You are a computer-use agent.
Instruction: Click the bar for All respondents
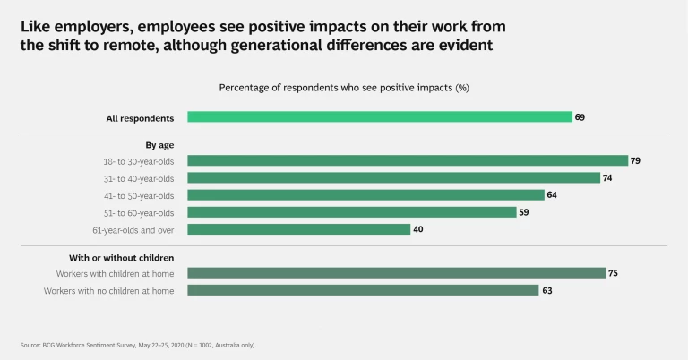tap(379, 116)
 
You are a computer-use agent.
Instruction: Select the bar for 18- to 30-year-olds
tap(408, 161)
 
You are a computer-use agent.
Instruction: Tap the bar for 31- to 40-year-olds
tap(393, 178)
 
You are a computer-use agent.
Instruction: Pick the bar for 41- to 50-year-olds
tap(365, 195)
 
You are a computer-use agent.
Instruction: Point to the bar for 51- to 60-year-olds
tap(351, 212)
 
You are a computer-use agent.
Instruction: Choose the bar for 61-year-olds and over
tap(298, 229)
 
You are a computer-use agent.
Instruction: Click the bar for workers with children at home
tap(396, 273)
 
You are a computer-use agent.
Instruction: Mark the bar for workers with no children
tap(363, 290)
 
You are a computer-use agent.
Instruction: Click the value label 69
tap(580, 117)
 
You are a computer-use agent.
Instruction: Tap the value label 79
tap(635, 161)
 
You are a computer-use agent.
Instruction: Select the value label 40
tap(418, 229)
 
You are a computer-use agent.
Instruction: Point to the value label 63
tap(546, 290)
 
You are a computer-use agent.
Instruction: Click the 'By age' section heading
tap(159, 144)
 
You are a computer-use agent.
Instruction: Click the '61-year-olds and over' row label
tap(127, 229)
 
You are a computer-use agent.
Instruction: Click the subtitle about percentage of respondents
tap(344, 88)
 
